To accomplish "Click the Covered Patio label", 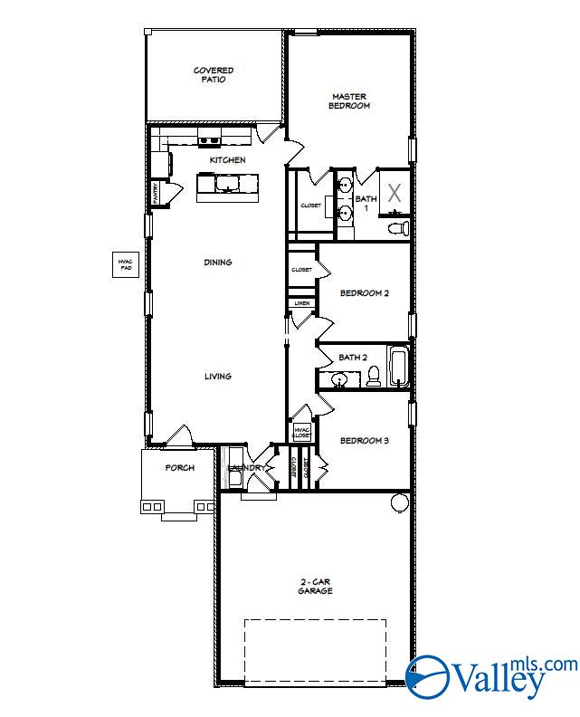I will point(214,74).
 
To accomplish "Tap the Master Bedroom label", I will point(350,100).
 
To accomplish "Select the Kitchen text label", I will point(227,160).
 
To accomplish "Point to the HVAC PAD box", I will point(124,265).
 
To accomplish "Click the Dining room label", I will point(217,263).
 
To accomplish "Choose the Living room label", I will point(217,377).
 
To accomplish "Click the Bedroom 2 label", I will point(364,293).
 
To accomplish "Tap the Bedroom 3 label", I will point(364,441).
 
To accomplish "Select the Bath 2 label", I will point(353,358).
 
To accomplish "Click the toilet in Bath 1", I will point(398,227).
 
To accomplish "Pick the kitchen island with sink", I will point(226,185).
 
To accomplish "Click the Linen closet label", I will point(301,303).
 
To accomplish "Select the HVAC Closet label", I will point(301,432).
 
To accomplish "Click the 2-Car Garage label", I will point(316,586).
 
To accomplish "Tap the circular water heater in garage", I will point(399,502).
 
